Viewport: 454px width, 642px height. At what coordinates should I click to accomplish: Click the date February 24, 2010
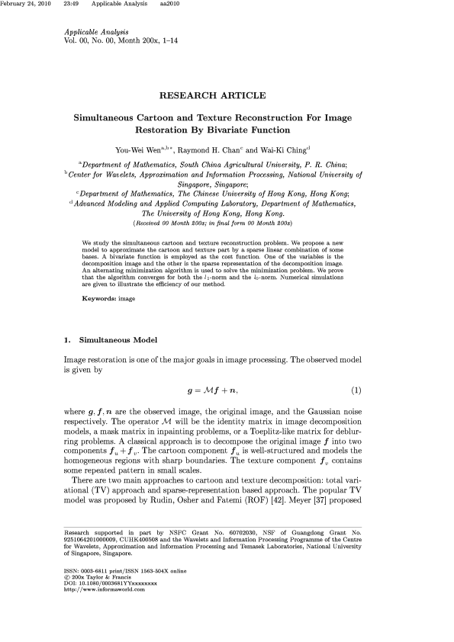(28, 5)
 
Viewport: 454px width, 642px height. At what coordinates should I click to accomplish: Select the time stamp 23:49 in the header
(72, 5)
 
